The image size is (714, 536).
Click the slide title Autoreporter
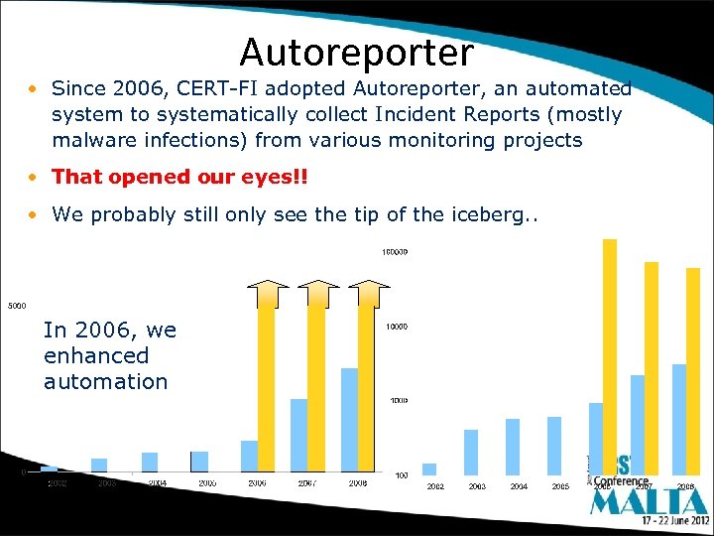tap(356, 51)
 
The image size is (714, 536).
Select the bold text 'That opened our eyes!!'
tap(179, 177)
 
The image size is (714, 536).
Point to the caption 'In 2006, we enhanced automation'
tap(109, 355)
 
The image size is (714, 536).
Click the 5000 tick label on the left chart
tap(17, 305)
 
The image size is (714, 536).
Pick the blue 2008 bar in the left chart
tap(349, 419)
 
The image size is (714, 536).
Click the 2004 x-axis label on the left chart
tap(157, 483)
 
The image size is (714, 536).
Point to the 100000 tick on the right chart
tap(395, 252)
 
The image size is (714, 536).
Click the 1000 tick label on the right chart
tap(397, 401)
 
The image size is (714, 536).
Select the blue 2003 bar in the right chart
tap(471, 452)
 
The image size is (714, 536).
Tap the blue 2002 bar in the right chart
tap(429, 469)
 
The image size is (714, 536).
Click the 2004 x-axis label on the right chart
tap(519, 486)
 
